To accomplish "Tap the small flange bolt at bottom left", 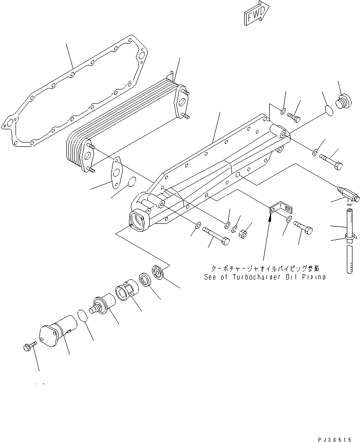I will pos(28,347).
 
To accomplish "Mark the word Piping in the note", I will pos(314,277).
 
